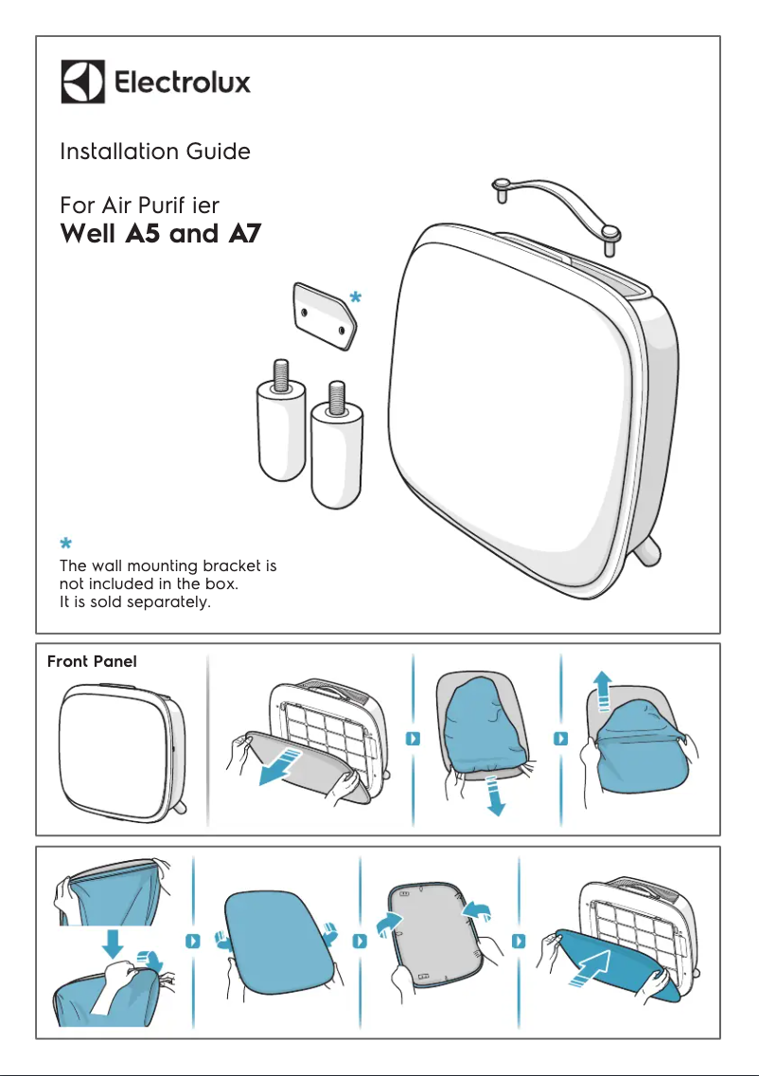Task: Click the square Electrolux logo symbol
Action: coord(82,82)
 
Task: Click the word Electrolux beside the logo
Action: coord(183,83)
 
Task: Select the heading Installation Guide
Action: coord(155,152)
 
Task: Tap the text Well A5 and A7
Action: coord(160,234)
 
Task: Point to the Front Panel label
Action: coord(92,662)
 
